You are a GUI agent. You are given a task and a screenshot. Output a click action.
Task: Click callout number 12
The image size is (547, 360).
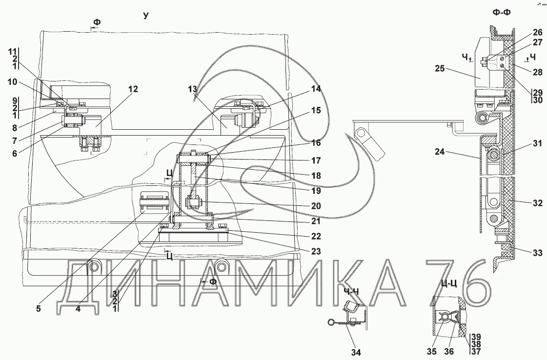point(133,89)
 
